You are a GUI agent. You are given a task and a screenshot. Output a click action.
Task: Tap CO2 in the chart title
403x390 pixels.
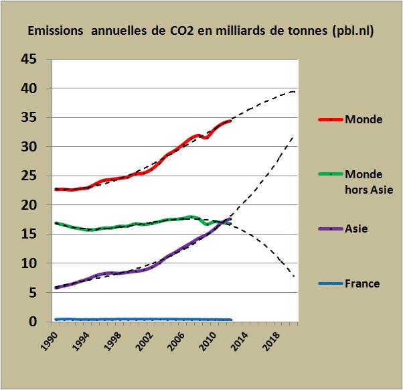coord(193,31)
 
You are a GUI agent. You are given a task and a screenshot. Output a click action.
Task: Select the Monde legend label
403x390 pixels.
coord(364,120)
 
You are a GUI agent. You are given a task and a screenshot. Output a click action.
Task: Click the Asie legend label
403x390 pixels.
coord(357,229)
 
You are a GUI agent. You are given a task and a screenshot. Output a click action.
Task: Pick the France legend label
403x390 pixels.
coord(362,283)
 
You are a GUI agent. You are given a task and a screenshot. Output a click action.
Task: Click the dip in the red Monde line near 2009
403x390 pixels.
coord(206,137)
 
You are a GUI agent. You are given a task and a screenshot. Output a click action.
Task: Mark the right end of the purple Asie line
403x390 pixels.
coord(230,218)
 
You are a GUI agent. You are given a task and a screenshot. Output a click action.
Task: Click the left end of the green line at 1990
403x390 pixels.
coord(56,223)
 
